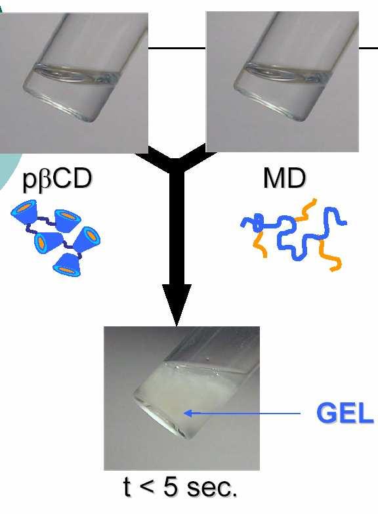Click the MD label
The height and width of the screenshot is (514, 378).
[x=285, y=179]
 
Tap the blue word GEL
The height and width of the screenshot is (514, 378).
[x=345, y=413]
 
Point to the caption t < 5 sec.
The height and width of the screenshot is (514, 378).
[x=180, y=487]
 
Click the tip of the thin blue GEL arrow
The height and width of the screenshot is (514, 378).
[x=184, y=413]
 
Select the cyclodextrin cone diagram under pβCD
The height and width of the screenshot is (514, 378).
[x=56, y=237]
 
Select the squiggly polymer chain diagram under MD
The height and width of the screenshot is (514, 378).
[x=293, y=234]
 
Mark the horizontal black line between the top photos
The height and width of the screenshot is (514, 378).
[x=177, y=48]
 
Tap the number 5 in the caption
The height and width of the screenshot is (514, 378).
[x=171, y=487]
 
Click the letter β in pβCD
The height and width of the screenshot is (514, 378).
[x=43, y=181]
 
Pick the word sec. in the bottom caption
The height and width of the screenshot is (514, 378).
[x=211, y=488]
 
